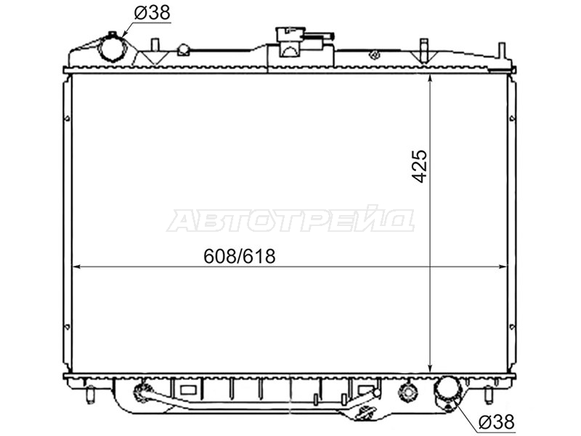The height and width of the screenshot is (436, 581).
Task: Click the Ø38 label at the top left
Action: pos(152,13)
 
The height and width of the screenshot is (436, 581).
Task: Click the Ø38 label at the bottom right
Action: pos(496,421)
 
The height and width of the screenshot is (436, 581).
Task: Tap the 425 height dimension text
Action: pos(420,166)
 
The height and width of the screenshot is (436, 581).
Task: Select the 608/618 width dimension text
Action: pos(240,256)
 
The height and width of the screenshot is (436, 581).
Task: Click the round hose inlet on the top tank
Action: pos(112,48)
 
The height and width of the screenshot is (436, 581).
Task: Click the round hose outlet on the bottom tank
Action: pos(447,393)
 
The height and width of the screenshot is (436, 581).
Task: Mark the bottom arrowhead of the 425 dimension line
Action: pos(430,368)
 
